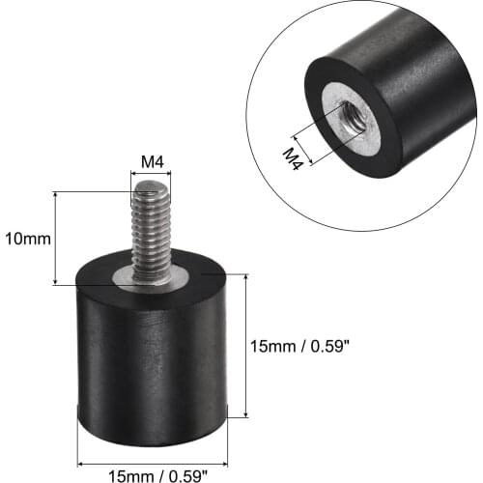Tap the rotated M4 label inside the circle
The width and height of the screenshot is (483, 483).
pos(296,156)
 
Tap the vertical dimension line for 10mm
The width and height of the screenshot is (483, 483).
pos(57,239)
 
